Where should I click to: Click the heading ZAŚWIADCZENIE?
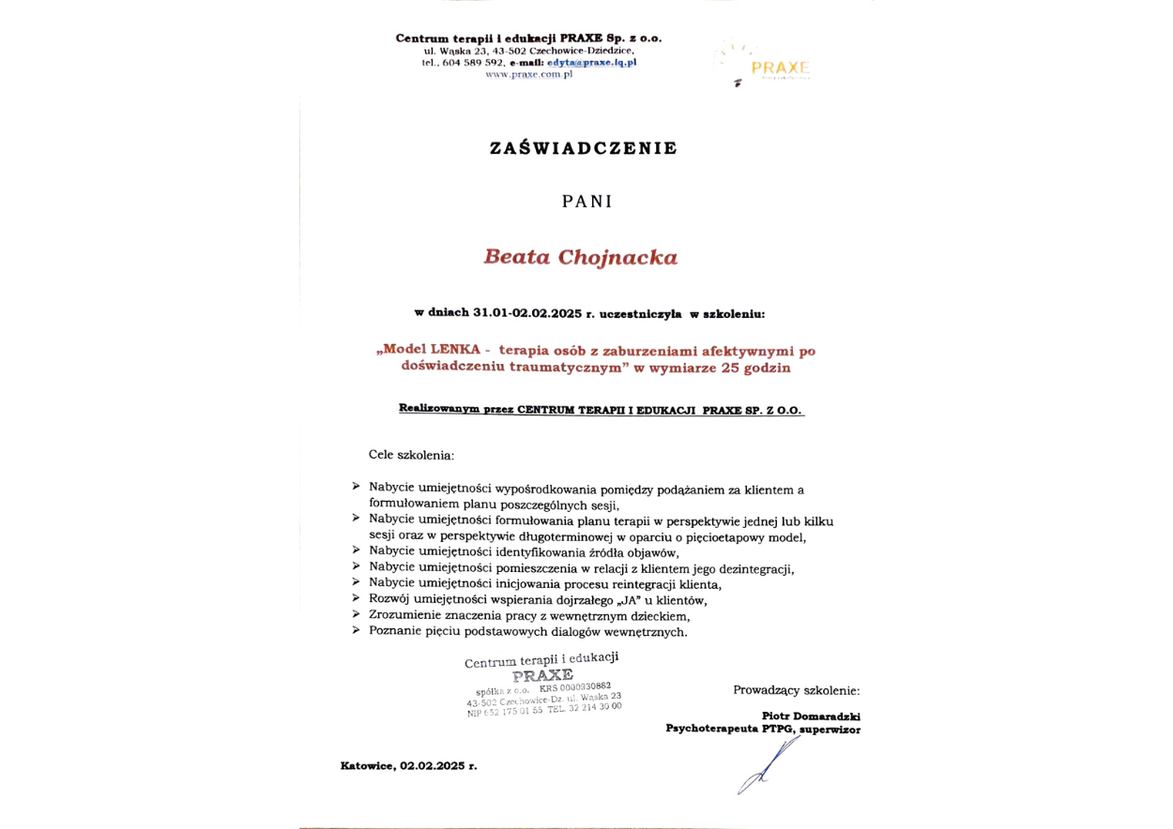[583, 148]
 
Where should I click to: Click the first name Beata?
[514, 257]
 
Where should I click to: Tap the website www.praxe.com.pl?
[528, 74]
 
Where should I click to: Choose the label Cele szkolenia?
[411, 455]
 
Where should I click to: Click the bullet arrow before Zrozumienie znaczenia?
[357, 614]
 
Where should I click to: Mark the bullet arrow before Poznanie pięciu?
[357, 631]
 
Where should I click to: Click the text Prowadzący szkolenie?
[796, 690]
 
